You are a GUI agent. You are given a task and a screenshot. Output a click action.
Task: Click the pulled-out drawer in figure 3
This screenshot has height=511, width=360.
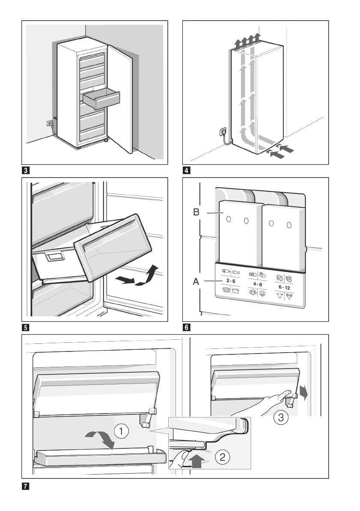101,100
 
